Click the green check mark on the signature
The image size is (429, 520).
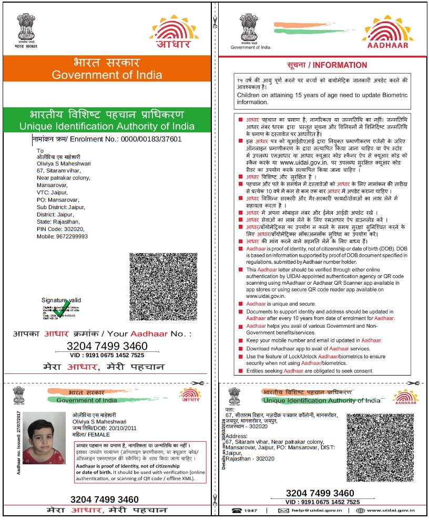(62, 309)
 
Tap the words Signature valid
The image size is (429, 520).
(62, 300)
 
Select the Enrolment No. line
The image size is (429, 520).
(107, 140)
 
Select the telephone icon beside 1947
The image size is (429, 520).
(237, 510)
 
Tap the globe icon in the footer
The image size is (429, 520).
(362, 510)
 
